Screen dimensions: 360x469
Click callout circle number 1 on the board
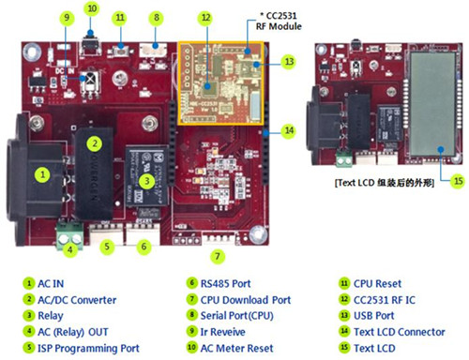click(42, 172)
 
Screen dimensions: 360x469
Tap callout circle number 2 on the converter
click(94, 142)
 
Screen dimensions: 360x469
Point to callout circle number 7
click(217, 255)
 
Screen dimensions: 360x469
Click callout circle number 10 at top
click(90, 8)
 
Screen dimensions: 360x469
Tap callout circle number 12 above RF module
click(204, 17)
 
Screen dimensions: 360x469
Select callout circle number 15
click(432, 180)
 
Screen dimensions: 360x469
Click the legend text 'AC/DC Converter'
click(76, 298)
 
